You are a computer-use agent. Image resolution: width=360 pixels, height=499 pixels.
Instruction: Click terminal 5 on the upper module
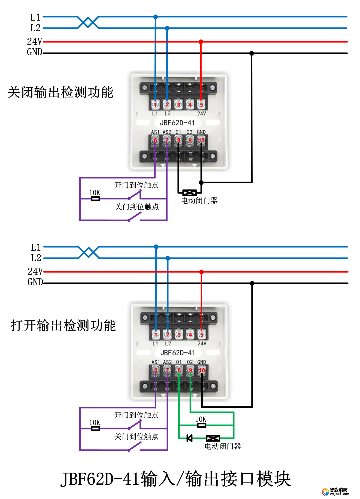click(x=201, y=104)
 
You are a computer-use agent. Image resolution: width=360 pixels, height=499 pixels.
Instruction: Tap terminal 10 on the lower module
click(x=202, y=370)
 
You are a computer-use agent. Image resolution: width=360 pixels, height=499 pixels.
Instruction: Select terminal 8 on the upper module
click(x=179, y=140)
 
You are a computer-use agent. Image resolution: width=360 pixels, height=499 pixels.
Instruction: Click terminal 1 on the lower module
click(x=156, y=334)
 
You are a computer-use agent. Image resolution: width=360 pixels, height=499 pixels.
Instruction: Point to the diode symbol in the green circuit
click(x=189, y=438)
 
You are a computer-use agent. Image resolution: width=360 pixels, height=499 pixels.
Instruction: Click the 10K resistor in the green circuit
click(x=201, y=425)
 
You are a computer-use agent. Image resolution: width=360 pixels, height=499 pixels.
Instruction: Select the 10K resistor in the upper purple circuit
click(x=95, y=199)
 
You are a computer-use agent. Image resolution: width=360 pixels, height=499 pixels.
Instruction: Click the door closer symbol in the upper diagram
click(x=189, y=193)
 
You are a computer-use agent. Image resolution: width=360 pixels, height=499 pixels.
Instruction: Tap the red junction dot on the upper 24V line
click(x=201, y=42)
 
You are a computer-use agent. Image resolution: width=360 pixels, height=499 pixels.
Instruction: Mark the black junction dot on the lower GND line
click(x=252, y=283)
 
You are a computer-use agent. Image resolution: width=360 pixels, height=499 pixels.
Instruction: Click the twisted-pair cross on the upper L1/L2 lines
click(x=88, y=22)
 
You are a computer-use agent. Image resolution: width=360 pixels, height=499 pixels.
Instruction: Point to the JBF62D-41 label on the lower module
click(x=177, y=353)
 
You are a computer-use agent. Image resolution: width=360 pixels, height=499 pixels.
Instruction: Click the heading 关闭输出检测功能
click(x=60, y=92)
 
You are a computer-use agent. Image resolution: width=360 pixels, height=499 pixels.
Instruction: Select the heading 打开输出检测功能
click(x=63, y=325)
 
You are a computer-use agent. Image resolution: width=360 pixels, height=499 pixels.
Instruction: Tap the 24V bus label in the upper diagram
click(x=34, y=41)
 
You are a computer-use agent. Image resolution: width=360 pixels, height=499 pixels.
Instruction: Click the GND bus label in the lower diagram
click(x=35, y=282)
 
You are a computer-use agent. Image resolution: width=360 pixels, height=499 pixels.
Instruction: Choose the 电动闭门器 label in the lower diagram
click(x=223, y=446)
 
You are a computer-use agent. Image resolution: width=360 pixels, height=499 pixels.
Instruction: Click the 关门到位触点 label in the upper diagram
click(x=137, y=207)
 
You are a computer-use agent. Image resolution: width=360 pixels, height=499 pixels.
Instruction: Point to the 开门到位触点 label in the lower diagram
click(x=136, y=415)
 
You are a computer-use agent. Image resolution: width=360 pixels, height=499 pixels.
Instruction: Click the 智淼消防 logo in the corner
click(x=336, y=491)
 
